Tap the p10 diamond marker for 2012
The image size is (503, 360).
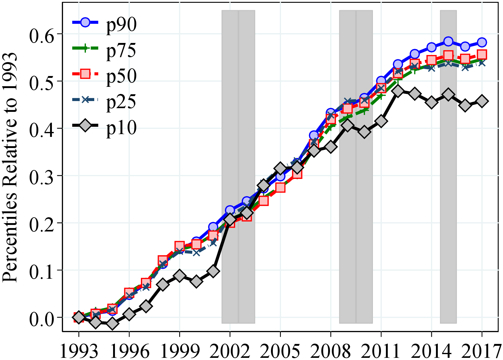[398, 91]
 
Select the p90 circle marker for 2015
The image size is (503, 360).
[448, 41]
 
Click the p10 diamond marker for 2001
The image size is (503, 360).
[213, 271]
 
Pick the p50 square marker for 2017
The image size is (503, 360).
[482, 55]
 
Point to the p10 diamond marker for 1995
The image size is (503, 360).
[112, 324]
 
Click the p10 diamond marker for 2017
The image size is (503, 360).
[482, 101]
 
